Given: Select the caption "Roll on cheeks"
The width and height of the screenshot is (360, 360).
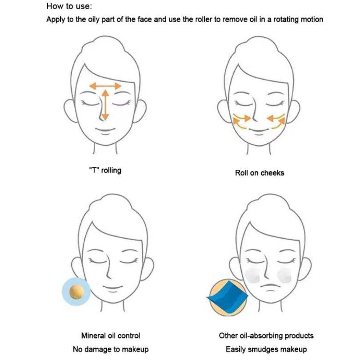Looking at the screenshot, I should click(260, 172).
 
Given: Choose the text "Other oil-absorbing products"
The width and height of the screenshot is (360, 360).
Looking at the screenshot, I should click(266, 336).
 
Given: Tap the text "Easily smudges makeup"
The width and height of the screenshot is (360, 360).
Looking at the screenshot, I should click(266, 349).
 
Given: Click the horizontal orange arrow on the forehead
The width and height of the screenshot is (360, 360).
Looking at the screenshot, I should click(105, 85).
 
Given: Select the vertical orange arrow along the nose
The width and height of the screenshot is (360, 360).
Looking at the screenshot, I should click(105, 105).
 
